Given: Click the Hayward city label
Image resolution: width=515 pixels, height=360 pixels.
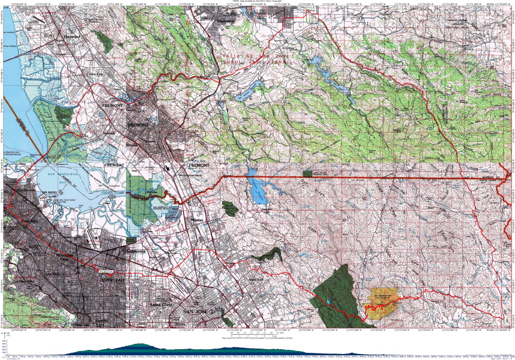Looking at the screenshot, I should (71, 36).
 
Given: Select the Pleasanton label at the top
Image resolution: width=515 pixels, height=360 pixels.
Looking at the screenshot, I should (226, 20).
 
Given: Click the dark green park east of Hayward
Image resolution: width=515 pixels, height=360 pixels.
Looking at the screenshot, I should (106, 41).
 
